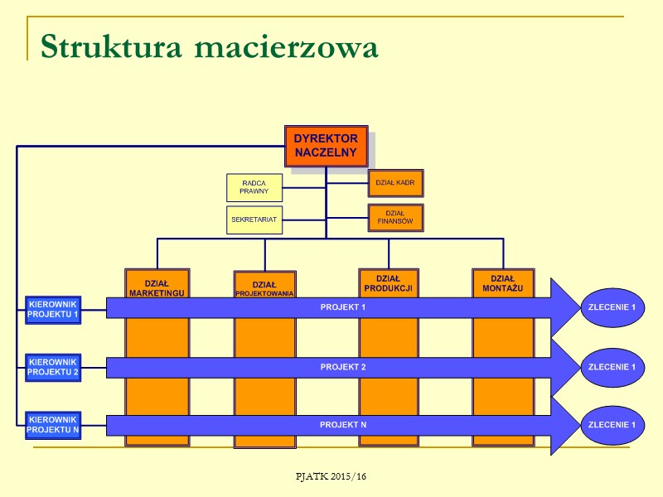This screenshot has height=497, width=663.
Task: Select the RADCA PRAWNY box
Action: [x=254, y=187]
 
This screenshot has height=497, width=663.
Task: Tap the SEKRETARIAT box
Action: [x=254, y=220]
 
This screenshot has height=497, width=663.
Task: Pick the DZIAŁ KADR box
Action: [x=395, y=182]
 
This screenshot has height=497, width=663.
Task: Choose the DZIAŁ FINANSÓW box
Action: [x=395, y=217]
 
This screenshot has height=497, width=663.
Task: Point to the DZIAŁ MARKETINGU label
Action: [x=157, y=287]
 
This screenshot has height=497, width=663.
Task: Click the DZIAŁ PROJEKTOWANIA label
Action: [x=264, y=289]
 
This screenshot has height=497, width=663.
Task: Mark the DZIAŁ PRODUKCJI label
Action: [x=388, y=284]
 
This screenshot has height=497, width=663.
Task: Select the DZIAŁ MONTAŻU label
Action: [x=503, y=284]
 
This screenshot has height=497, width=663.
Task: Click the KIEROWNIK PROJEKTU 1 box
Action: [x=53, y=309]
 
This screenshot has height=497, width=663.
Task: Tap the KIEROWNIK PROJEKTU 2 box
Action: [x=53, y=367]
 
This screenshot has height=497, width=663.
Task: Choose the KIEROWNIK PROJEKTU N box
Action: [x=53, y=425]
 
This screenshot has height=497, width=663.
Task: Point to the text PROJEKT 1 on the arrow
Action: [x=343, y=307]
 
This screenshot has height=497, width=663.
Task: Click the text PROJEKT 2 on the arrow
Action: [x=343, y=366]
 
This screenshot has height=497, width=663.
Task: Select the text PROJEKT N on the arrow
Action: [x=343, y=425]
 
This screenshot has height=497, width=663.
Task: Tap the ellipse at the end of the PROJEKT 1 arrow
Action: [x=612, y=307]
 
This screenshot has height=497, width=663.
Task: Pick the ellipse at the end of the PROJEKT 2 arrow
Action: [x=612, y=367]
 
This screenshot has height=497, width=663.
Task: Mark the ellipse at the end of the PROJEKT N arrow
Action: [x=612, y=425]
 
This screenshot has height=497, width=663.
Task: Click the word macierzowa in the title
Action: [x=286, y=47]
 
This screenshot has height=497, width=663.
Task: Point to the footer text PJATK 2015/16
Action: [x=331, y=477]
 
